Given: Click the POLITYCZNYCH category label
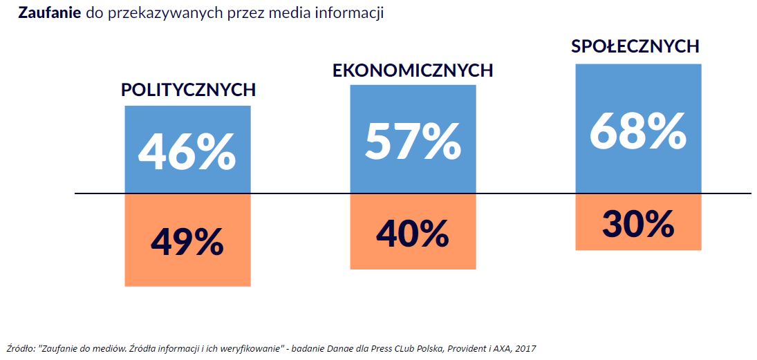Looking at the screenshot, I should point(188,90).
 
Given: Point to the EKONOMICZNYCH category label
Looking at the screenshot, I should point(413,70).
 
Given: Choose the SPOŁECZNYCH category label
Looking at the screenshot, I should point(635,46).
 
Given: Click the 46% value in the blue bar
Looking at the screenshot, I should point(187,153).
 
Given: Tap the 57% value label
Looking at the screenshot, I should point(413,141).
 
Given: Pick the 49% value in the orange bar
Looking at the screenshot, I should point(187,241).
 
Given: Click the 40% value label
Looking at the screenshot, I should point(413,233).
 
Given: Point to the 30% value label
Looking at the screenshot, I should point(637,223).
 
